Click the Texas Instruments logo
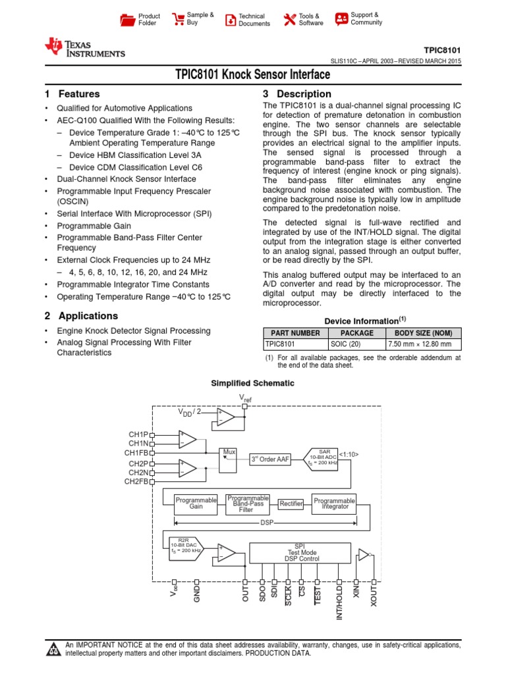coord(84,48)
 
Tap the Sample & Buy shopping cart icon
coord(178,19)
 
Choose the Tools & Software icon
coord(289,20)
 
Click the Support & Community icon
coord(341,19)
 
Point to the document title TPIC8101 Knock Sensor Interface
coord(253,76)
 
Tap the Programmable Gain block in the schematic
coord(196,504)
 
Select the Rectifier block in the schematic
coord(291,504)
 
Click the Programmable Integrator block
coord(334,504)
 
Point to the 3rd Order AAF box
coord(272,459)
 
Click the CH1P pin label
coord(138,435)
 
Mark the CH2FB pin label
coord(137,481)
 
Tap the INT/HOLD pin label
coord(340,602)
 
